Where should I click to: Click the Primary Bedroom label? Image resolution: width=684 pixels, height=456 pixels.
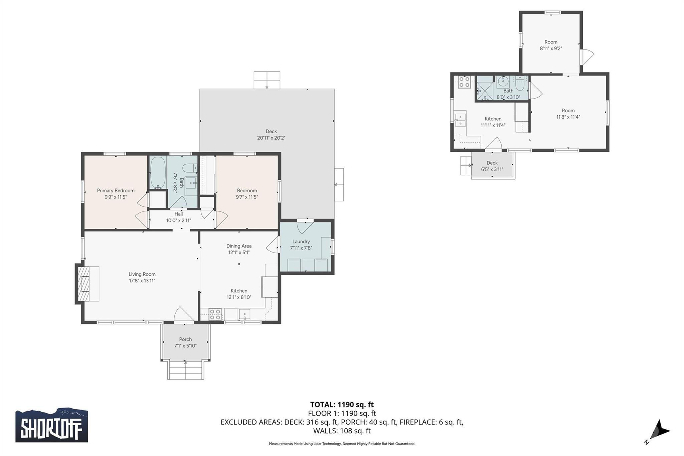point(116,190)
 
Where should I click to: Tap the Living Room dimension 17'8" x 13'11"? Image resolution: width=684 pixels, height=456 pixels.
point(142,281)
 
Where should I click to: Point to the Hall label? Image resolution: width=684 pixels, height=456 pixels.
point(179,214)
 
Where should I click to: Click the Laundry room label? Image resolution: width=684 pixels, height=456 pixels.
point(301,242)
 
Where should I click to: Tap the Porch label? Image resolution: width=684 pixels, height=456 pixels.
point(185,339)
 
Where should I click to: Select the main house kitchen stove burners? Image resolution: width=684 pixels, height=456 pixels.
point(215,314)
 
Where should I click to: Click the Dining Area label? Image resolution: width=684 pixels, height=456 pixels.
point(239,246)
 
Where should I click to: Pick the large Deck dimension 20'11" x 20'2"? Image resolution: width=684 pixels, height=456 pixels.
point(271,138)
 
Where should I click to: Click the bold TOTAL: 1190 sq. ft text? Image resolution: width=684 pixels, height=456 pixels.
point(342,405)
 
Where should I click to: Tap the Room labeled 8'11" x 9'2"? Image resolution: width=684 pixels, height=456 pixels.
point(551,45)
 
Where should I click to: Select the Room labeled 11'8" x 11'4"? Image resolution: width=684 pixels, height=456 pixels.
point(568,114)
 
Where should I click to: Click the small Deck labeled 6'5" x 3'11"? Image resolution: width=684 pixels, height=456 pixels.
point(492,166)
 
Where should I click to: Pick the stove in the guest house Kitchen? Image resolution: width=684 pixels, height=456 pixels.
point(464,82)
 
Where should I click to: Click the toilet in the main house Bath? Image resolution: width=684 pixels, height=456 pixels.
point(191,168)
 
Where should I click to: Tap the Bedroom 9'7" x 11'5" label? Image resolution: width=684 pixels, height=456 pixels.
point(247,194)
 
